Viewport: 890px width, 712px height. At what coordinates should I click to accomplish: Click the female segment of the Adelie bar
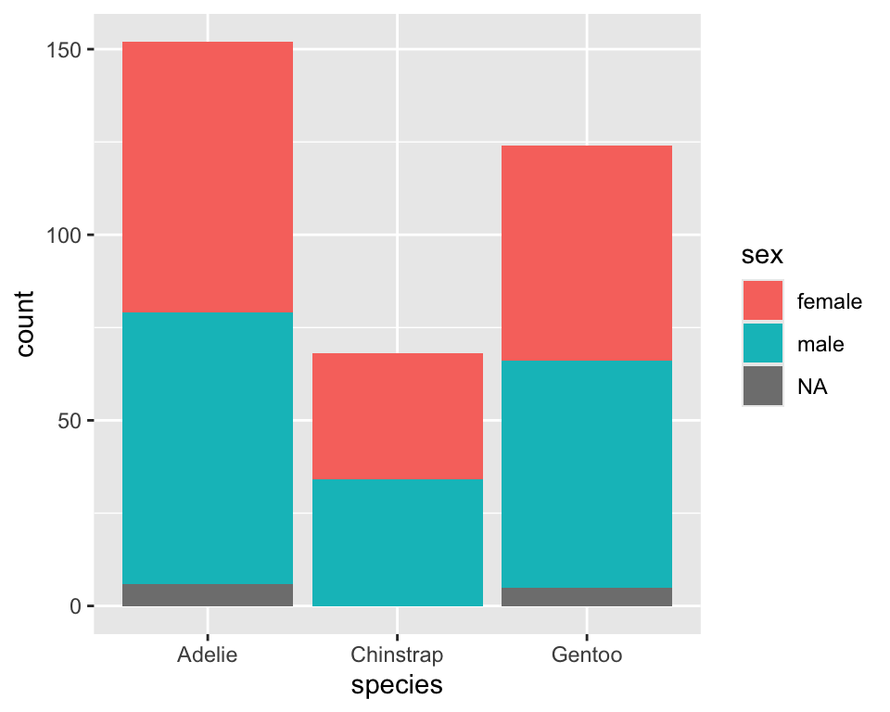click(x=208, y=177)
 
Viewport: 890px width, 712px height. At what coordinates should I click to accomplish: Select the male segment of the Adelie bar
click(x=208, y=448)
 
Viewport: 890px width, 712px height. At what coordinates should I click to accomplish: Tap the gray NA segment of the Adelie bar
click(x=208, y=595)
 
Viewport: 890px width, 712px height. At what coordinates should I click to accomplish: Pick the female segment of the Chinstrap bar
click(x=397, y=416)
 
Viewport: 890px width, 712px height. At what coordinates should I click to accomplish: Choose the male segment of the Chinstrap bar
click(x=397, y=542)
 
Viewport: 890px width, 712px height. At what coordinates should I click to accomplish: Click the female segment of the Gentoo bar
click(x=587, y=253)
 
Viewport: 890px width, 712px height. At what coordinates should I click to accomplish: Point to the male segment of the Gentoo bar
click(x=587, y=474)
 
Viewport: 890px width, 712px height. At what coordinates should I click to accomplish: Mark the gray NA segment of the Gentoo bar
click(x=587, y=597)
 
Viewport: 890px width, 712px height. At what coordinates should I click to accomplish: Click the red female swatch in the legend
click(x=762, y=301)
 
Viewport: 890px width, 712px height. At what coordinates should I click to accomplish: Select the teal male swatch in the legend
click(x=762, y=344)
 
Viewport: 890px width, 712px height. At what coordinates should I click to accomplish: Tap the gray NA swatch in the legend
click(x=762, y=387)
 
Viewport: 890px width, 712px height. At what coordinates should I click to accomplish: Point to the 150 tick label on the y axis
click(x=63, y=49)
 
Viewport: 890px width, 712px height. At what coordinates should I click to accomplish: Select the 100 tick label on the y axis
click(x=63, y=235)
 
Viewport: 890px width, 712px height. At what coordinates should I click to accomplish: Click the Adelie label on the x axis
click(x=208, y=655)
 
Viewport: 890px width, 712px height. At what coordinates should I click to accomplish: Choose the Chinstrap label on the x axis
click(x=397, y=655)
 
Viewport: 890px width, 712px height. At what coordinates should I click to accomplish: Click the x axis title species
click(x=397, y=686)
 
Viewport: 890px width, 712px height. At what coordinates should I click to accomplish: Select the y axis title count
click(x=25, y=324)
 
